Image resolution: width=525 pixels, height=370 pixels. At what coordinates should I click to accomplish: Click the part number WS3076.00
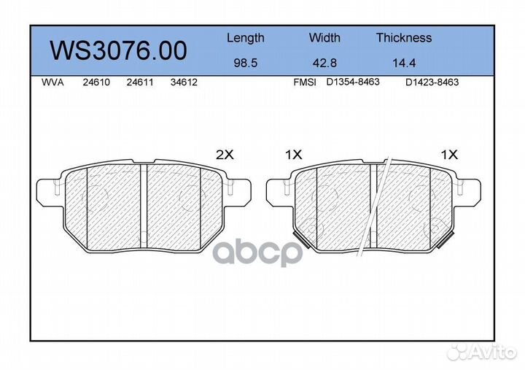point(118,50)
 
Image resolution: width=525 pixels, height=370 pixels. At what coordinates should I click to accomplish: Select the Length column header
point(246,39)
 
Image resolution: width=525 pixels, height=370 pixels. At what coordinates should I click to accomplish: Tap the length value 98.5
point(246,63)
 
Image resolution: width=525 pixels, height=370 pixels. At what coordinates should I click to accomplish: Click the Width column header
point(324,37)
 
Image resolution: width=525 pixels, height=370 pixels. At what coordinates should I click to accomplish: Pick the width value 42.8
point(324,63)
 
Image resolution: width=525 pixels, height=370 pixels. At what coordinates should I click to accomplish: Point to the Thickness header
point(404,37)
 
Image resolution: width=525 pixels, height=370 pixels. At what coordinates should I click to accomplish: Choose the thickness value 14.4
point(404,63)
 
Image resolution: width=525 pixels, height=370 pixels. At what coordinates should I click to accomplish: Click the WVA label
point(52,82)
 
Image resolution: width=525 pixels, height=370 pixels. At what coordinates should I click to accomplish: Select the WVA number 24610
point(96,82)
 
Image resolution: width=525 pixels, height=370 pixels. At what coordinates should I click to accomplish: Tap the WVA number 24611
point(140,82)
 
